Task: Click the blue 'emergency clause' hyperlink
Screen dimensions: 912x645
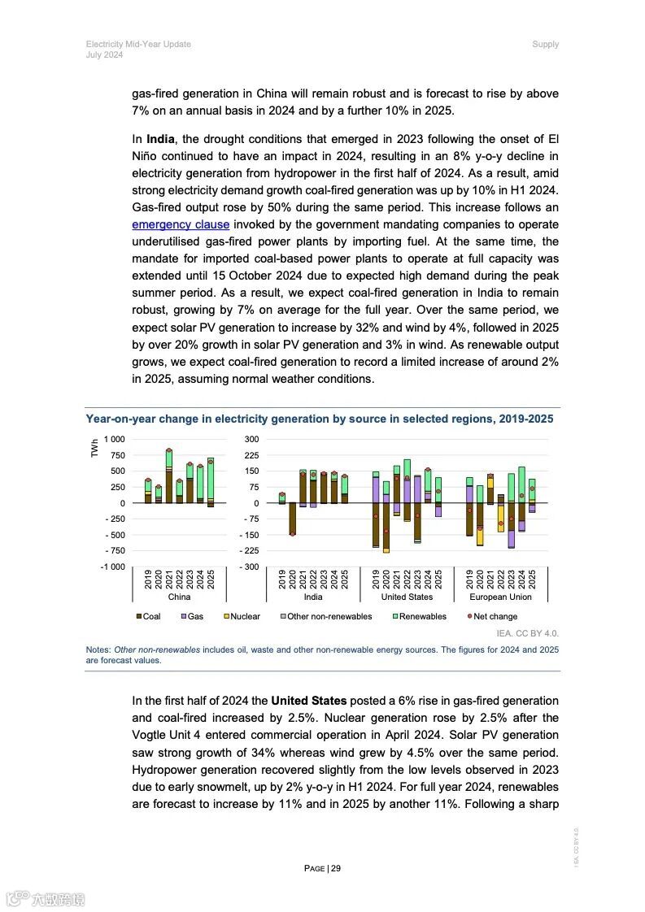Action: click(x=181, y=225)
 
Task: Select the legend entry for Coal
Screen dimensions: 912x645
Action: click(x=148, y=616)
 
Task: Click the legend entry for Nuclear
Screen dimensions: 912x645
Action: click(x=241, y=616)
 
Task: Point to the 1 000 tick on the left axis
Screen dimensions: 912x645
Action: click(x=115, y=439)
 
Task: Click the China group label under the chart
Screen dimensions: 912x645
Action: click(x=179, y=597)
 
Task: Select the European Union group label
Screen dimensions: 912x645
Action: click(x=500, y=597)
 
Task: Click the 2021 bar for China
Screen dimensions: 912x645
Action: click(x=169, y=476)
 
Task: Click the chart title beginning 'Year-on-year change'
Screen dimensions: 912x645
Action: click(x=320, y=419)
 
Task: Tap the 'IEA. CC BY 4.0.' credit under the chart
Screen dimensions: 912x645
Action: click(x=527, y=632)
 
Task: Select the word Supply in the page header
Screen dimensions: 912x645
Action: click(x=545, y=44)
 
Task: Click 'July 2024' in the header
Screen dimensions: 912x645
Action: click(x=104, y=55)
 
